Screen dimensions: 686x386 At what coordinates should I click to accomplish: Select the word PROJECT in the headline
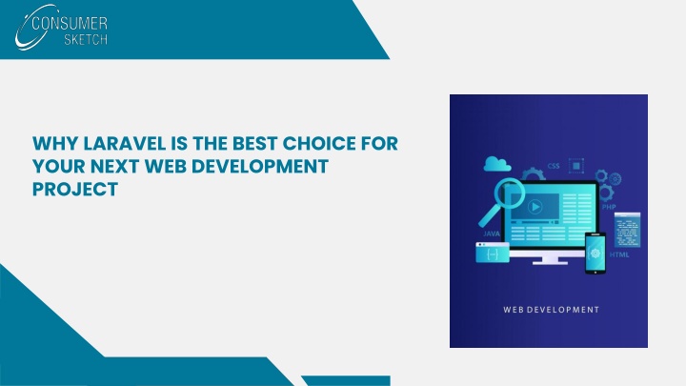[x=75, y=189]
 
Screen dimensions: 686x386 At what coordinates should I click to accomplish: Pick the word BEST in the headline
[x=254, y=144]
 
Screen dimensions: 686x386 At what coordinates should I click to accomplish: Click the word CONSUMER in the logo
[x=70, y=23]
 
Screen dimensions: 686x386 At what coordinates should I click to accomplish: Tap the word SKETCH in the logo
[x=86, y=39]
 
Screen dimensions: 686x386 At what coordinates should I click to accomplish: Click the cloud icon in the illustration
[x=497, y=164]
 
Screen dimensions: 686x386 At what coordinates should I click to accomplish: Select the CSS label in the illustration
[x=554, y=166]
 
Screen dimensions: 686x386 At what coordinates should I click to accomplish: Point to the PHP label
[x=609, y=207]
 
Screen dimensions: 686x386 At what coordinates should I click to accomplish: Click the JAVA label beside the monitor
[x=492, y=234]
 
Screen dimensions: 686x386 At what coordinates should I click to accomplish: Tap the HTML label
[x=619, y=254]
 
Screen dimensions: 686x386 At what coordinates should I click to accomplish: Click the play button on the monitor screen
[x=535, y=207]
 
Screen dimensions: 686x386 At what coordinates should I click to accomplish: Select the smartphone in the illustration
[x=595, y=254]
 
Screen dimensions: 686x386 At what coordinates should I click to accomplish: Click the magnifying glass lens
[x=509, y=193]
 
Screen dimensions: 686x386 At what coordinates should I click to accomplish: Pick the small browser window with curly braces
[x=493, y=253]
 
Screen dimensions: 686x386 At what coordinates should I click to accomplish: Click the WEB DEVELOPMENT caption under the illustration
[x=552, y=310]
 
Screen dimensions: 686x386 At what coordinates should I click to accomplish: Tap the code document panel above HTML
[x=627, y=230]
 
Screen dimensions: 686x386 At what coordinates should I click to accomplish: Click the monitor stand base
[x=550, y=262]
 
